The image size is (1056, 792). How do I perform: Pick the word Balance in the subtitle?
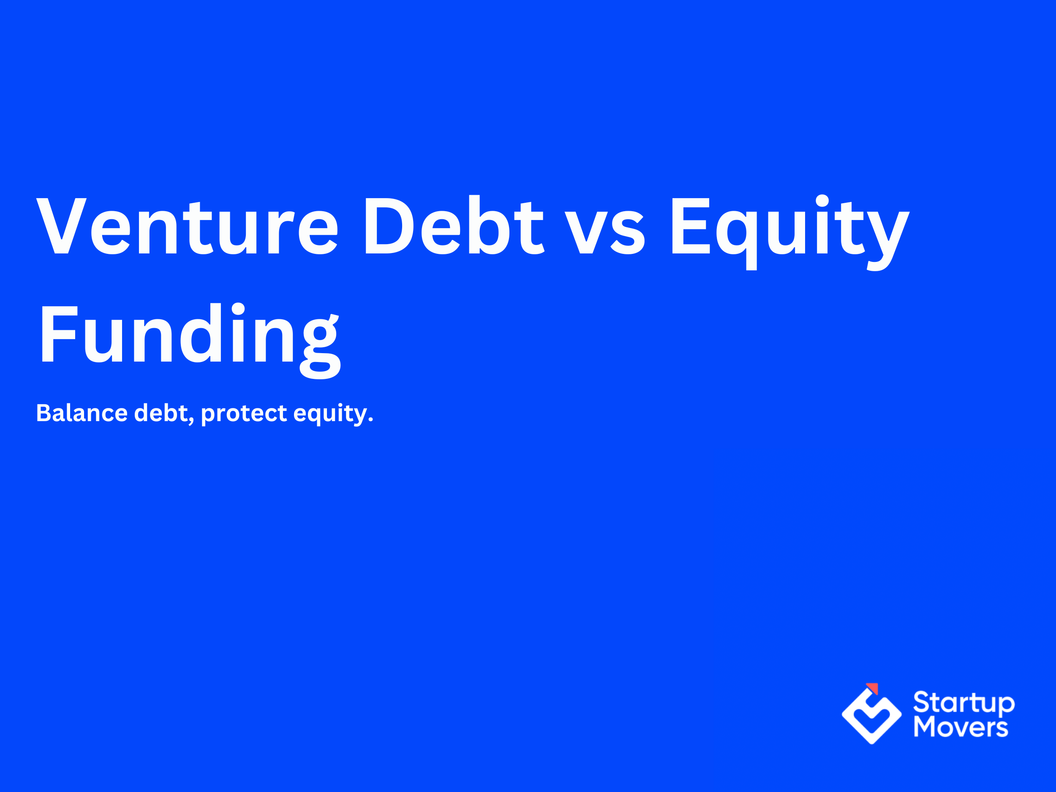pyautogui.click(x=82, y=413)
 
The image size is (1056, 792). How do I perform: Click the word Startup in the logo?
pyautogui.click(x=964, y=703)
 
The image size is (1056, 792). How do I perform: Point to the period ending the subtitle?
pyautogui.click(x=370, y=421)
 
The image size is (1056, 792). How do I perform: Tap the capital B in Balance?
pyautogui.click(x=44, y=413)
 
